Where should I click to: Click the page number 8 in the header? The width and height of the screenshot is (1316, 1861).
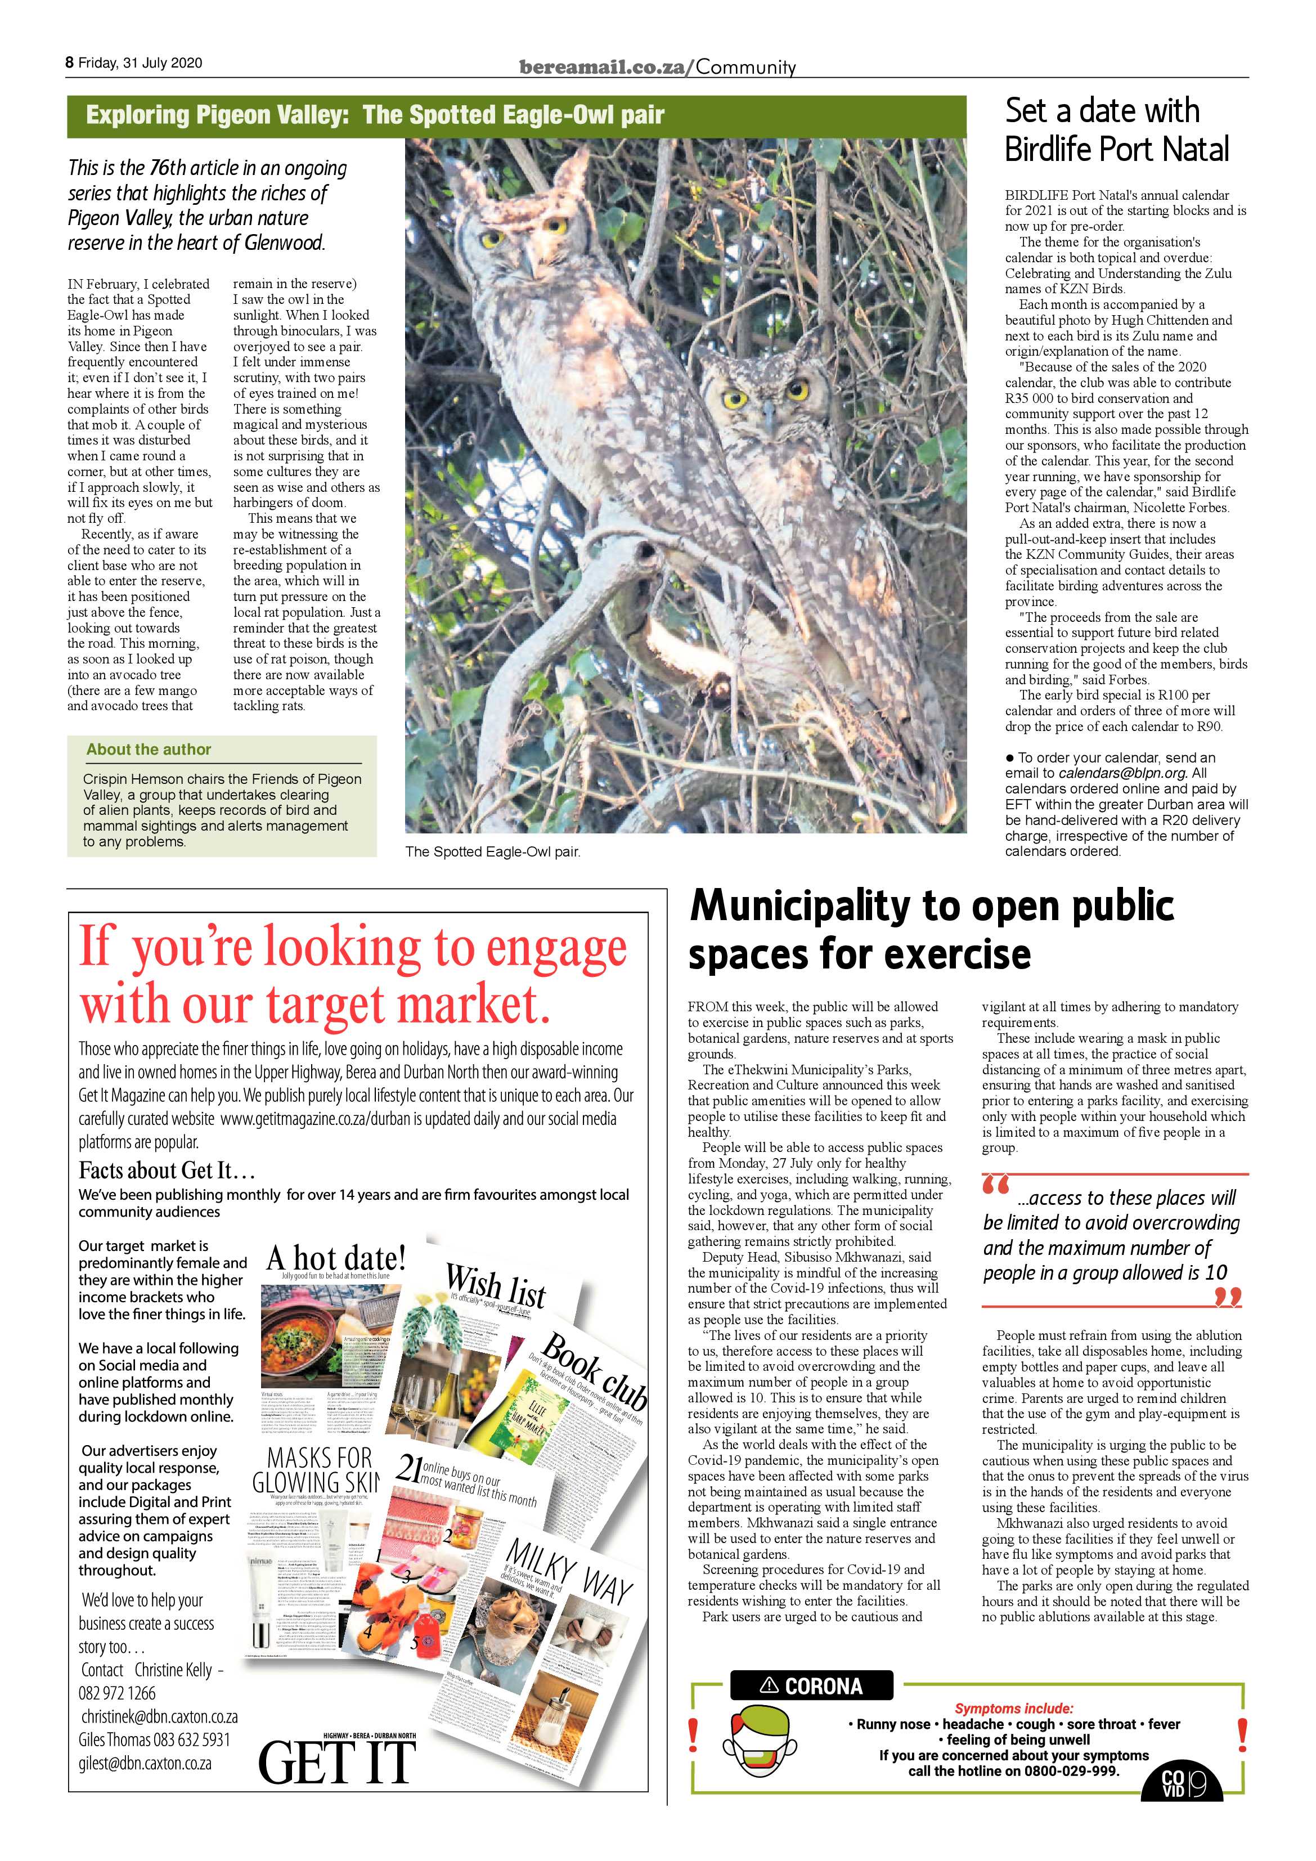tap(70, 63)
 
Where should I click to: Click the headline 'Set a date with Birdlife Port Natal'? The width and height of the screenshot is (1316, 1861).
tap(1117, 129)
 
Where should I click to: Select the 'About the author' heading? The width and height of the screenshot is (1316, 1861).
tap(149, 750)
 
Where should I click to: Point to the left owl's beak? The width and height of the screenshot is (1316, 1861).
tap(528, 259)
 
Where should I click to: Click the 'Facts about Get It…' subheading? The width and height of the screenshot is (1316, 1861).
tap(168, 1171)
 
